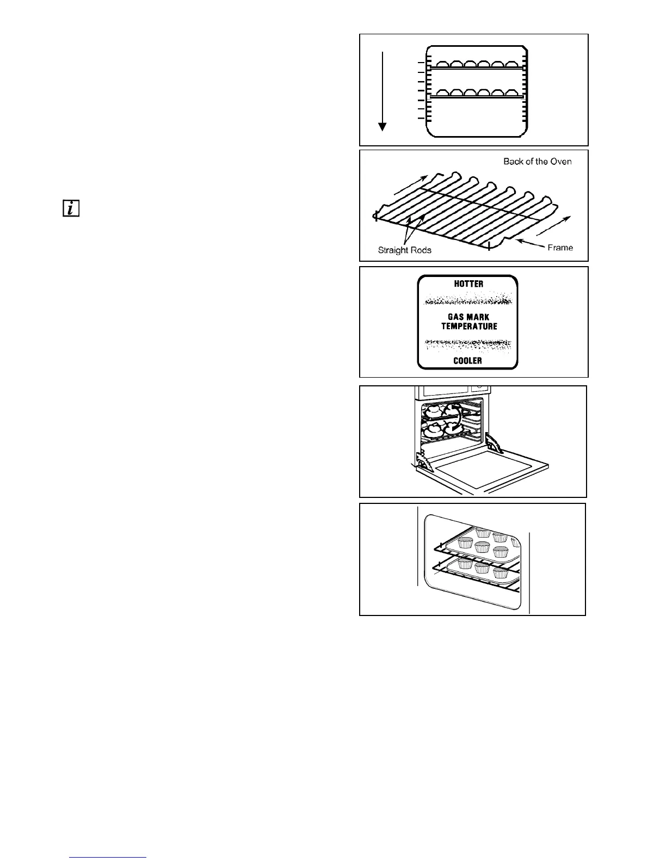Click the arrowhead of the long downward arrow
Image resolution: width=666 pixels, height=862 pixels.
[383, 127]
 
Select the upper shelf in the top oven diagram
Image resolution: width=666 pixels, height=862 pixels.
[476, 67]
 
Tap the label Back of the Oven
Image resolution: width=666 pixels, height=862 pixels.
[537, 162]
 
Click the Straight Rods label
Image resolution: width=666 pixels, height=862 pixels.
[405, 250]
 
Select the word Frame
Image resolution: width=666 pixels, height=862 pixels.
[560, 248]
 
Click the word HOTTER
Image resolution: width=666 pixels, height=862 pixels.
[468, 284]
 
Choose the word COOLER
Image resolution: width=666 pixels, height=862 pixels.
[468, 361]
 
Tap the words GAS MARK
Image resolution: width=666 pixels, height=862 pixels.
[468, 317]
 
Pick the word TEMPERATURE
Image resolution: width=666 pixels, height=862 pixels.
[468, 327]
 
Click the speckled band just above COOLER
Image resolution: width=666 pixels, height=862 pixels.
[468, 344]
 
